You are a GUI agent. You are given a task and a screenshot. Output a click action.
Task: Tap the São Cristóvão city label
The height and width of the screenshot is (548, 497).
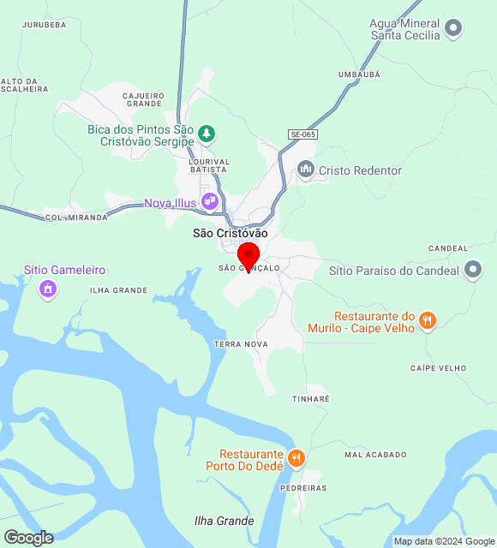point(230,233)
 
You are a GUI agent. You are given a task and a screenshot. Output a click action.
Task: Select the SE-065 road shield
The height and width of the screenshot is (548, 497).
point(302,134)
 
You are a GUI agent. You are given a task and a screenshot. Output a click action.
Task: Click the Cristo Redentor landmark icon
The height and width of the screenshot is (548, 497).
point(306,170)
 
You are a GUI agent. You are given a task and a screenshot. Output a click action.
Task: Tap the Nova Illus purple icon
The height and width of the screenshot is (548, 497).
point(210,202)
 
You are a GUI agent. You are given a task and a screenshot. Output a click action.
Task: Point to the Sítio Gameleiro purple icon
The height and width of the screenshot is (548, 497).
point(48,289)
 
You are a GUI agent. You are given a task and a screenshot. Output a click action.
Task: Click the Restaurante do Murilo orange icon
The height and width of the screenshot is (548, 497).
point(428,322)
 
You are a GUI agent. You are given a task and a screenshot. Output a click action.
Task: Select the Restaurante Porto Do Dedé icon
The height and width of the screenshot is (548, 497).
point(296,458)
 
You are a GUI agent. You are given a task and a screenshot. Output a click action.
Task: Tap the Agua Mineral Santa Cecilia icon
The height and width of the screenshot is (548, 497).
point(454,29)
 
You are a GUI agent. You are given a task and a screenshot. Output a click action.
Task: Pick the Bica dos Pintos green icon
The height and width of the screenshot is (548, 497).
point(206,134)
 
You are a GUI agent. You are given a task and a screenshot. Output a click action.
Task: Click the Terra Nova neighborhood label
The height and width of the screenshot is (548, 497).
point(241,343)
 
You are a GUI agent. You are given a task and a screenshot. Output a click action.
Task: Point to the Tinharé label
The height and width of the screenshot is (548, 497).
point(310,399)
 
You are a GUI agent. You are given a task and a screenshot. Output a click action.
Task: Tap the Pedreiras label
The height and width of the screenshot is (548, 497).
point(303,488)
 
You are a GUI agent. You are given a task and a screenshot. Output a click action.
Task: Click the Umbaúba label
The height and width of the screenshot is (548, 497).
point(358,75)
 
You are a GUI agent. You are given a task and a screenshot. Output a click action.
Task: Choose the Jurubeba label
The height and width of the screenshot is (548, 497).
point(44,25)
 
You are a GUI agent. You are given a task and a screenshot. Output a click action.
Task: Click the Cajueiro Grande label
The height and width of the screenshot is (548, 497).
point(142,99)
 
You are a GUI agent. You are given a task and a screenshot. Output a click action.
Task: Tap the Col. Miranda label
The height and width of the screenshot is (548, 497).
point(76,217)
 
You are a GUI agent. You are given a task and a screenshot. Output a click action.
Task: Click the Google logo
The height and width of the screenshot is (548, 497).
point(28,538)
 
